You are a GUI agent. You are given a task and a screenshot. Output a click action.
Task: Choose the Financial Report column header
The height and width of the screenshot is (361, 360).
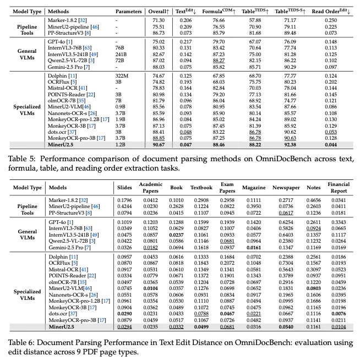[339, 187]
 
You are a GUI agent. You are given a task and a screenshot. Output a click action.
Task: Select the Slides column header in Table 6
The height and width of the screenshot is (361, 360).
[126, 187]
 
